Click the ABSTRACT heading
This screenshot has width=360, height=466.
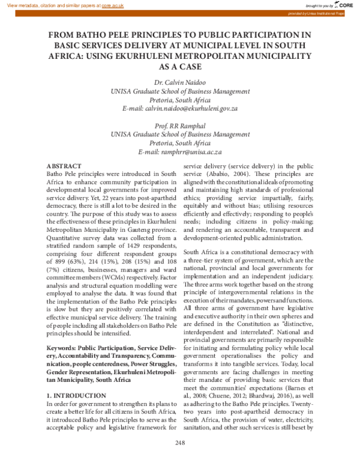(64, 165)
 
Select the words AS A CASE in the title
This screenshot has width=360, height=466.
(180, 67)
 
